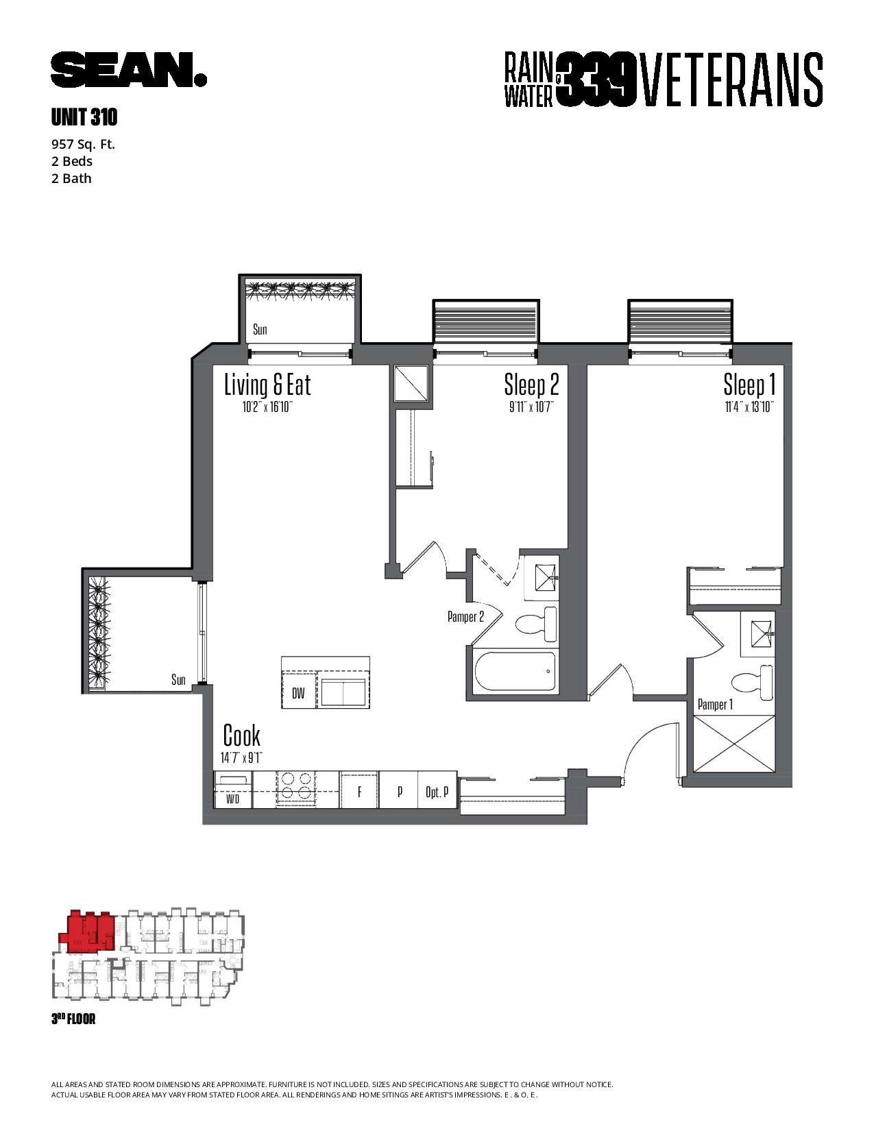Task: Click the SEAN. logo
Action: click(x=129, y=69)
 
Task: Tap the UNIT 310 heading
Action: click(x=84, y=118)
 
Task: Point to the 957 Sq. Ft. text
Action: click(x=83, y=144)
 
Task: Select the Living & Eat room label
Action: click(x=267, y=385)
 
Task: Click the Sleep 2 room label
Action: click(x=531, y=385)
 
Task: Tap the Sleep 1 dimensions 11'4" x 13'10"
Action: click(x=750, y=406)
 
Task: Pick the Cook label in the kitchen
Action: click(x=241, y=735)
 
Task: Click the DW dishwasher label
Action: click(x=298, y=693)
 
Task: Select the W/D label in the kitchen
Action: click(x=232, y=799)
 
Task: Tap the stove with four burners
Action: click(x=295, y=789)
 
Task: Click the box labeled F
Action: click(x=360, y=790)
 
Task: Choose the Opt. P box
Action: click(x=437, y=790)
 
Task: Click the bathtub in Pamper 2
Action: click(x=515, y=672)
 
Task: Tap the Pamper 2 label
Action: click(x=465, y=617)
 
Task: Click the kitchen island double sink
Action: click(x=343, y=693)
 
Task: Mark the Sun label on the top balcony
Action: click(x=260, y=329)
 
